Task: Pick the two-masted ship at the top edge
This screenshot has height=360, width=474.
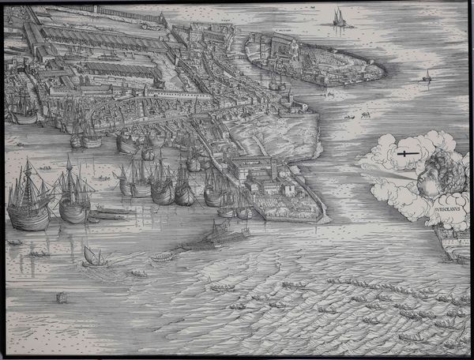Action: pos(339,17)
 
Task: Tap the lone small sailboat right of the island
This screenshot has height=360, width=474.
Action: pos(427,77)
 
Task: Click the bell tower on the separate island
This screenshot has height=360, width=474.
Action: pos(295,47)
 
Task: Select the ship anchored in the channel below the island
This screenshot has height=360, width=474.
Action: pos(276,81)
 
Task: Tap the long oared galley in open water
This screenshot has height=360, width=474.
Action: pos(213,236)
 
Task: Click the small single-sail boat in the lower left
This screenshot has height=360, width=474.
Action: pos(92,256)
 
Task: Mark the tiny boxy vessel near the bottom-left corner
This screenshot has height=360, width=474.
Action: pos(61,298)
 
